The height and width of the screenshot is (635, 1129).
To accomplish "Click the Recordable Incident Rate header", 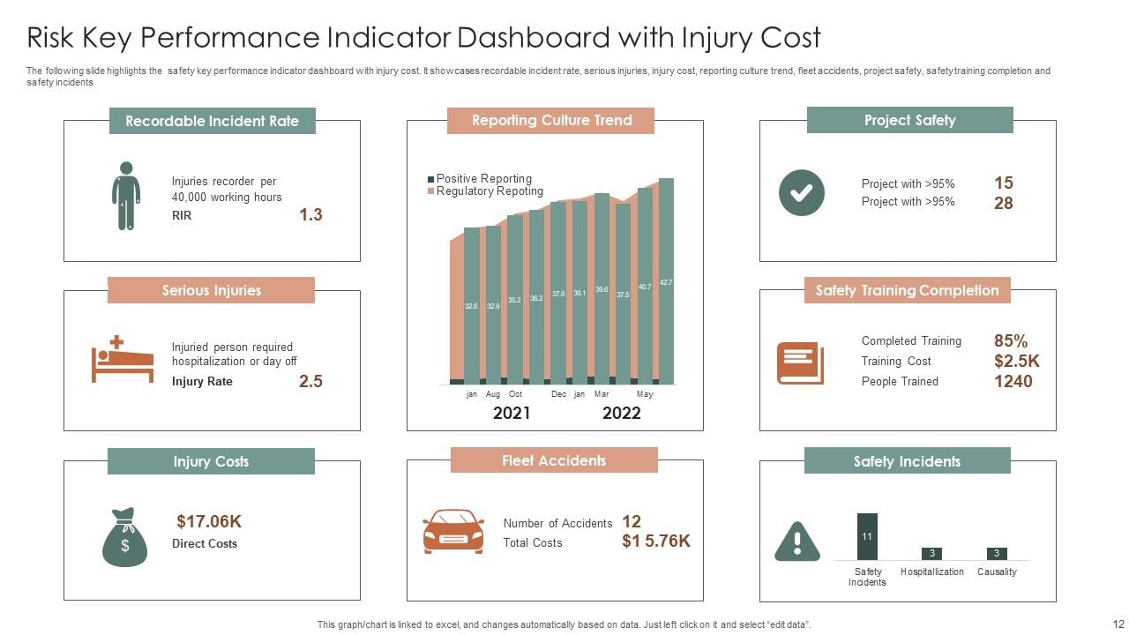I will point(212,121).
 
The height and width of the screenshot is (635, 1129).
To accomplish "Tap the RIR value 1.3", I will point(310,214).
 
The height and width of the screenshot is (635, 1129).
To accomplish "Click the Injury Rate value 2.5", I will point(310,381).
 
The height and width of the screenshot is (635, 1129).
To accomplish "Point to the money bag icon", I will point(124,537).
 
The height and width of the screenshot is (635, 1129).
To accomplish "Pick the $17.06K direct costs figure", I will point(209,521).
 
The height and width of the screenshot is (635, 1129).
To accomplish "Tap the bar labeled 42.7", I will point(666,281).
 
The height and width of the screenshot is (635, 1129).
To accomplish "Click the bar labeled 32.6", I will point(471,305).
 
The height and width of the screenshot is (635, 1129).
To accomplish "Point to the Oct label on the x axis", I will point(516,394).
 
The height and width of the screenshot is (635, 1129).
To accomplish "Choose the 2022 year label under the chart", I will point(621,413).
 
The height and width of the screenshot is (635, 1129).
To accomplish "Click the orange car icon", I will point(453,530).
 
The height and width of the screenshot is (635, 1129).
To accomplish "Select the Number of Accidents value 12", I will point(632,521).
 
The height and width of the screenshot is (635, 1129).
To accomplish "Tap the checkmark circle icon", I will point(801,193).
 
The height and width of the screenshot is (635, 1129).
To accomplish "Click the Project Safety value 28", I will point(1004,203).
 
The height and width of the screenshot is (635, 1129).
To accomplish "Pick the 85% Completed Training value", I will point(1011,340).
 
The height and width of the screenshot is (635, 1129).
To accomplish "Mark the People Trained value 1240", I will point(1013,381).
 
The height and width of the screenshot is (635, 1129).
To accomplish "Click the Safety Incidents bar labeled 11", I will point(867,536).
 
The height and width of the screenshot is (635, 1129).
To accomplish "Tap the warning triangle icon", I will point(796,541).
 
